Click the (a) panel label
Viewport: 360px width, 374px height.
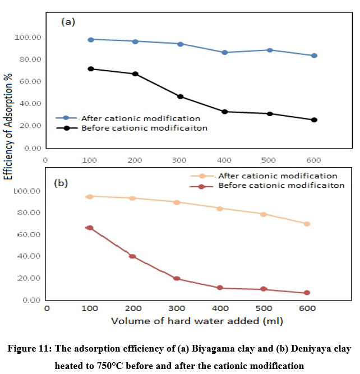pyautogui.click(x=67, y=22)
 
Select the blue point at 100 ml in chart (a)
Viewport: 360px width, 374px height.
pyautogui.click(x=90, y=39)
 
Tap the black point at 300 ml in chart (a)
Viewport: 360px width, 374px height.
pyautogui.click(x=180, y=96)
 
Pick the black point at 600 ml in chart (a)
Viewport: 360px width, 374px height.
pyautogui.click(x=314, y=120)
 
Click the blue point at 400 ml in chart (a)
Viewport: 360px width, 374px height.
pyautogui.click(x=224, y=52)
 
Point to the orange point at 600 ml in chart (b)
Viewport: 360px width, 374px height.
pyautogui.click(x=307, y=224)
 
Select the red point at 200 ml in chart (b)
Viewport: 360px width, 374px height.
pyautogui.click(x=133, y=256)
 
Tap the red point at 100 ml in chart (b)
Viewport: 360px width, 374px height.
pyautogui.click(x=90, y=228)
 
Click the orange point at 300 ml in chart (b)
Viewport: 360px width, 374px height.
pyautogui.click(x=177, y=202)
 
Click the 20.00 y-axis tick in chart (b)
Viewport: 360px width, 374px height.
pyautogui.click(x=27, y=278)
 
